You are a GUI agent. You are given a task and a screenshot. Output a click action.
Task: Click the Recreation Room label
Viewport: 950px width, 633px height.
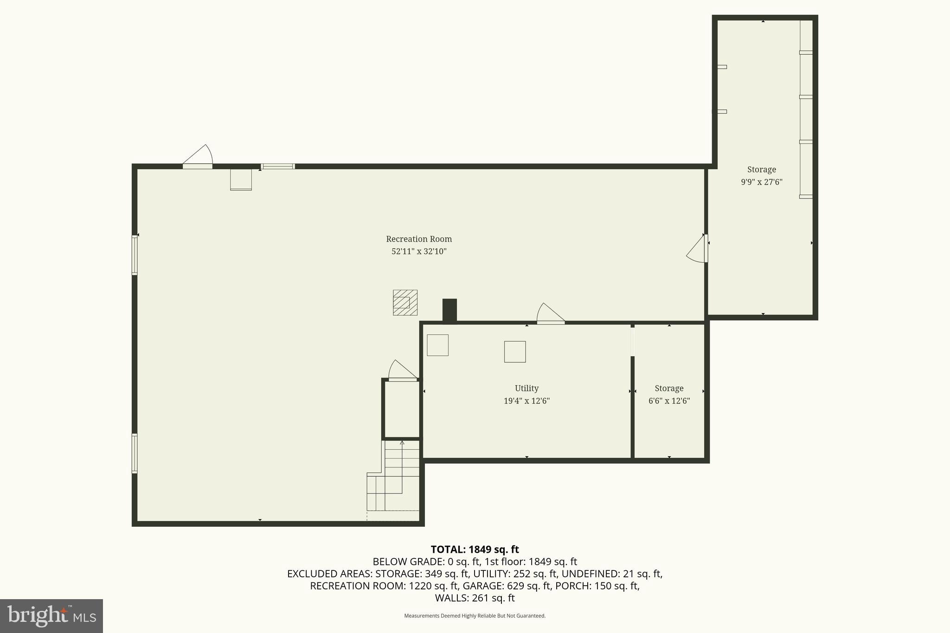(419, 239)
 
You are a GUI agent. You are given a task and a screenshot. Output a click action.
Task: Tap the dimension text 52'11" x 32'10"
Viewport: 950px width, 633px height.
(419, 251)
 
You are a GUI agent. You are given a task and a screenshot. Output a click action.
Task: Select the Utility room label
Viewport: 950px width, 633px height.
(526, 388)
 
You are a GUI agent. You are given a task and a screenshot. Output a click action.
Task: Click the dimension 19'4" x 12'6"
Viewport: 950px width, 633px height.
(526, 401)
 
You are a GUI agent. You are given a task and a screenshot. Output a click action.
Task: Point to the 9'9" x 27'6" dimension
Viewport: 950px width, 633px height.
(761, 182)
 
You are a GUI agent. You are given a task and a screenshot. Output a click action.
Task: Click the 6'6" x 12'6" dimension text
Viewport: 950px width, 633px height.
(669, 401)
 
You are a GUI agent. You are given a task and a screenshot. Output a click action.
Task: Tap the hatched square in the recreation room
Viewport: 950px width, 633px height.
(405, 302)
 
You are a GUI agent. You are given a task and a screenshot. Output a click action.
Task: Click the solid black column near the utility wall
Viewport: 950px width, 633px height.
(449, 310)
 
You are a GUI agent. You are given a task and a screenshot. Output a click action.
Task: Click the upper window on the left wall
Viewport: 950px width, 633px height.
(135, 255)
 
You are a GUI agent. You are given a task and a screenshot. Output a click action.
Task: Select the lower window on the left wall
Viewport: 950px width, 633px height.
(135, 453)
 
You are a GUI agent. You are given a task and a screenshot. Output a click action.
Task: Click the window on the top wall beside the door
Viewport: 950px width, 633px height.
(277, 166)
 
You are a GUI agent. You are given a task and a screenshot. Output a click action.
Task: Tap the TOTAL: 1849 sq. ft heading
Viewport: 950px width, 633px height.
(475, 550)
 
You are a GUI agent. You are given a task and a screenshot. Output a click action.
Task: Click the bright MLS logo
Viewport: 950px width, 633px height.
(51, 616)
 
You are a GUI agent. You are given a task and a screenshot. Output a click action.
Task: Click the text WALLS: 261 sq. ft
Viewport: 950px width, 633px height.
(475, 598)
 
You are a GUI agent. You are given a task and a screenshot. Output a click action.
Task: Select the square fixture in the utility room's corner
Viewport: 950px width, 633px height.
(437, 345)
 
